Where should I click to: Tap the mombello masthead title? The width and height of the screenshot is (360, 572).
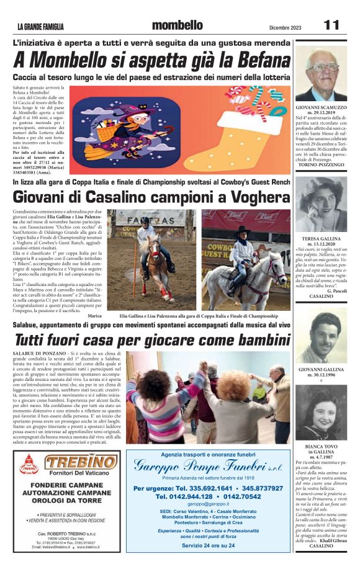tap(177, 25)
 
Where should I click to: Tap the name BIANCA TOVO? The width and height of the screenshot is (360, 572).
tap(320, 446)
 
